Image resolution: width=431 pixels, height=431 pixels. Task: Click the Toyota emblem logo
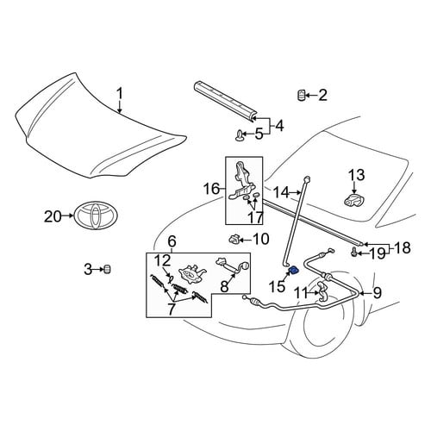[96, 215]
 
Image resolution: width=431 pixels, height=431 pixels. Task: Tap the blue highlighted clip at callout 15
[294, 270]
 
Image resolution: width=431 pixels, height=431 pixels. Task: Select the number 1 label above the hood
[119, 94]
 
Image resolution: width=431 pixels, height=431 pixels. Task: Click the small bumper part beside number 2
[301, 95]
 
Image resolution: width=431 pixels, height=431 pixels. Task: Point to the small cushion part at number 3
[107, 269]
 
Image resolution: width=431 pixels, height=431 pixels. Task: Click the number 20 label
[53, 216]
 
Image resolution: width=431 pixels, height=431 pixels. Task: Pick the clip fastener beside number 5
[239, 134]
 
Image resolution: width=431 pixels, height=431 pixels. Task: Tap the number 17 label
[255, 217]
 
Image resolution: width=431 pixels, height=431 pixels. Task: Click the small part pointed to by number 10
[234, 239]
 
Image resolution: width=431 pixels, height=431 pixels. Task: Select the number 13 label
[357, 175]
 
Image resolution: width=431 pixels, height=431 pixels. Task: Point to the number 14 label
[281, 192]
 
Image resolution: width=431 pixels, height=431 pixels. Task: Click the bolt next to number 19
[354, 253]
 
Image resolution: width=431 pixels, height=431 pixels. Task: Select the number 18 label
[403, 247]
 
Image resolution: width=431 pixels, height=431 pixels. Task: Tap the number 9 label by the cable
[377, 292]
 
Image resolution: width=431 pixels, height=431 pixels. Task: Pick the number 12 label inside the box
[163, 261]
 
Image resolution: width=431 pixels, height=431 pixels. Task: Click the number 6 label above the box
[172, 241]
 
